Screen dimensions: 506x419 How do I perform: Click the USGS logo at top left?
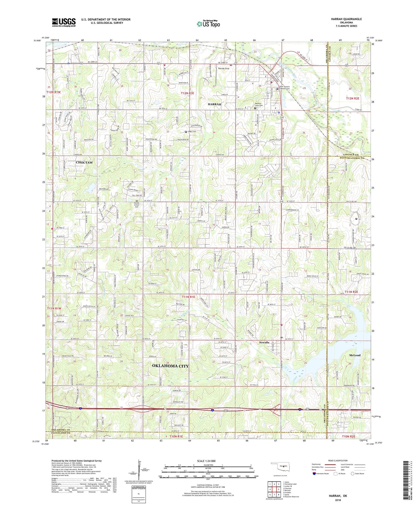tap(64, 22)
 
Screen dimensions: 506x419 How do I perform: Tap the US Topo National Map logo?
tap(208, 24)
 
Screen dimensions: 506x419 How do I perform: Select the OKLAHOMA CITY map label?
tap(170, 366)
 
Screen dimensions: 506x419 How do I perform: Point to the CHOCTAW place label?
tap(84, 163)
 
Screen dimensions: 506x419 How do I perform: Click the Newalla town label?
tap(264, 343)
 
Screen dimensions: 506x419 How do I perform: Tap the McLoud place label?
tap(355, 355)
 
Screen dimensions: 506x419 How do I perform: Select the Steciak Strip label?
tap(224, 69)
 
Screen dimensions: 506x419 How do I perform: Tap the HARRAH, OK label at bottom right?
tap(338, 496)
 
